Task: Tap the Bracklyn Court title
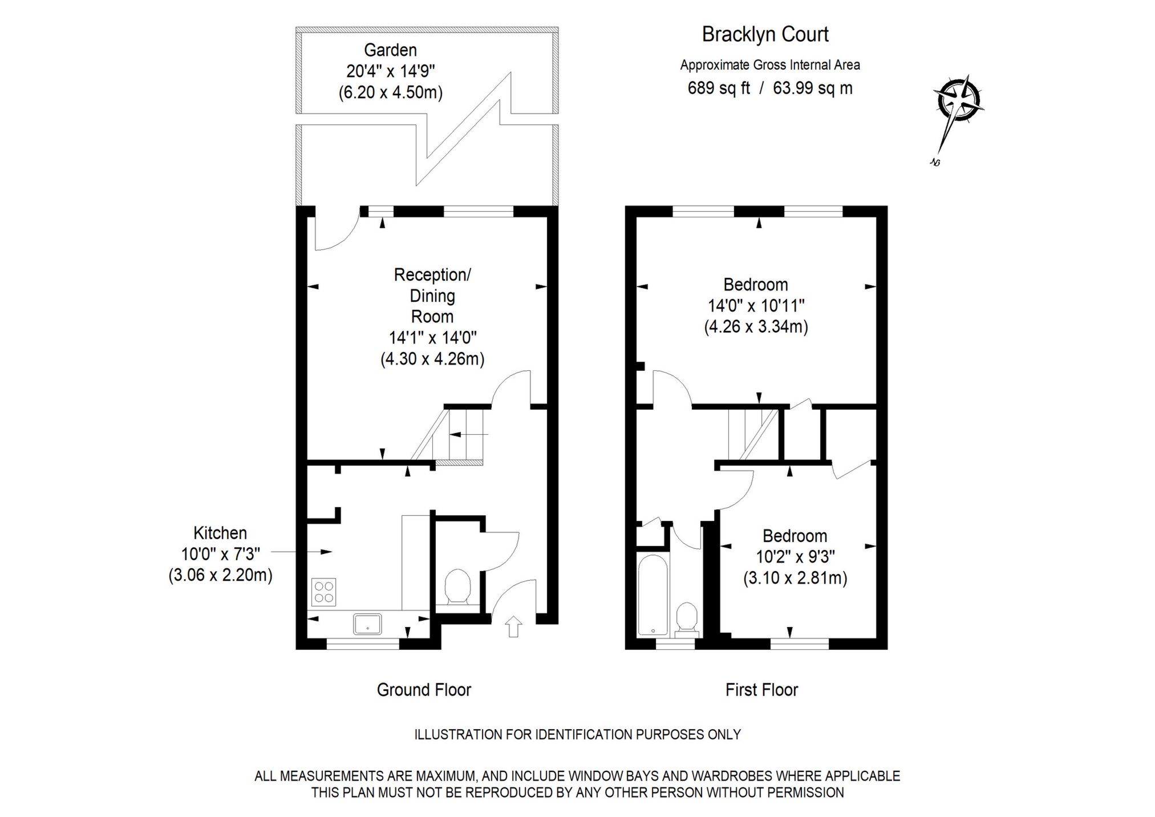point(764,34)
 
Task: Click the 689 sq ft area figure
point(718,88)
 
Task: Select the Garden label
point(390,50)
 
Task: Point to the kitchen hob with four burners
point(323,592)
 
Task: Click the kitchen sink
point(367,624)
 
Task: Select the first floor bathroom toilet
point(687,620)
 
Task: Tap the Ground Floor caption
point(424,690)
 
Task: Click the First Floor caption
point(761,690)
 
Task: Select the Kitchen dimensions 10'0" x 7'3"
point(220,554)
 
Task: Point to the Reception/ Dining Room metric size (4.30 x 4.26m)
point(432,359)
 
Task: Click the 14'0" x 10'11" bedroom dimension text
point(756,306)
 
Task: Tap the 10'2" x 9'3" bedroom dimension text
point(795,557)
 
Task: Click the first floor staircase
point(752,434)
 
